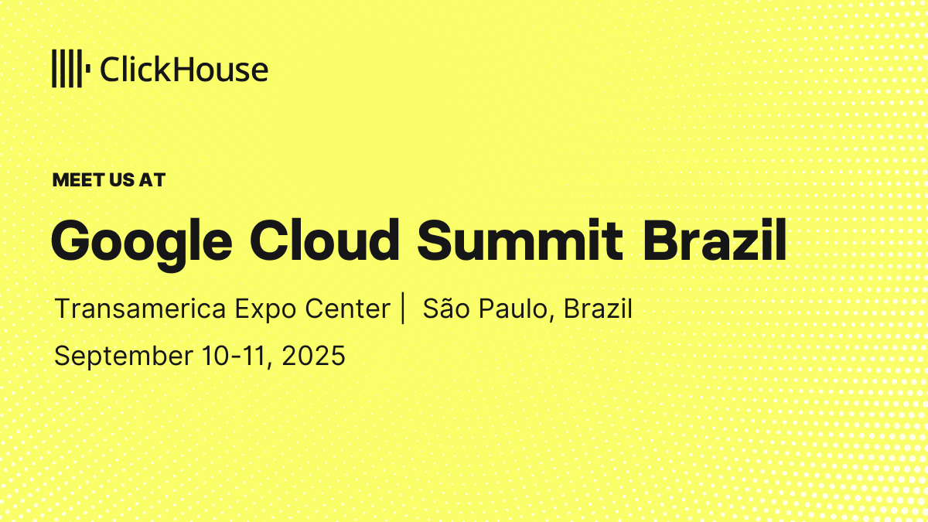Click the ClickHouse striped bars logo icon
[71, 68]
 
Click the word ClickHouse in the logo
[184, 69]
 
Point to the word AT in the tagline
[152, 179]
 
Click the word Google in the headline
[142, 244]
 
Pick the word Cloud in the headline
[324, 241]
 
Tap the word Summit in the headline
[520, 241]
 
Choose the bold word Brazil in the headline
[715, 240]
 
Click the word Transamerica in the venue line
[141, 309]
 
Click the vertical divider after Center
[403, 308]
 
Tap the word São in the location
[445, 309]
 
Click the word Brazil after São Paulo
[598, 309]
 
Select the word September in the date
[124, 357]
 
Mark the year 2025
[313, 356]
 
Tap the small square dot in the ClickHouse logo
[88, 68]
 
